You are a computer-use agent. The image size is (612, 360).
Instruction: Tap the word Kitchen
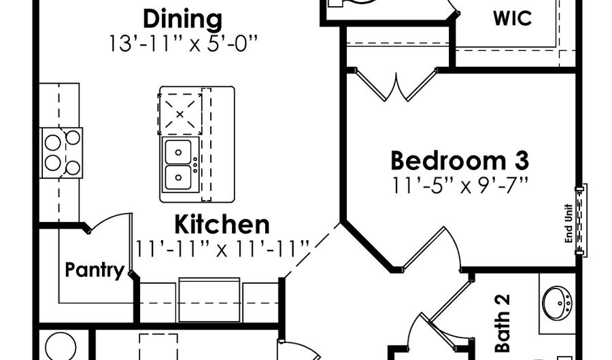click(x=222, y=225)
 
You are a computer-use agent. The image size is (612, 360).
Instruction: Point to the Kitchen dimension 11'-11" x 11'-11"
click(x=222, y=248)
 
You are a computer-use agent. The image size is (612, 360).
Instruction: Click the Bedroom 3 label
click(x=459, y=161)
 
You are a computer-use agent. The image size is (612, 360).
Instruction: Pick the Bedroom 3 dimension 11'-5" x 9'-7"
click(x=460, y=184)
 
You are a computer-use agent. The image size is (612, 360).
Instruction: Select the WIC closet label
click(x=512, y=18)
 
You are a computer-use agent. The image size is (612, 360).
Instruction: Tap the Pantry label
click(x=95, y=270)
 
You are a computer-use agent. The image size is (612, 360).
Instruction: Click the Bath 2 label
click(x=503, y=323)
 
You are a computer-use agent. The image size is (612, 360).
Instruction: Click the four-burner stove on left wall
click(x=62, y=152)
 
